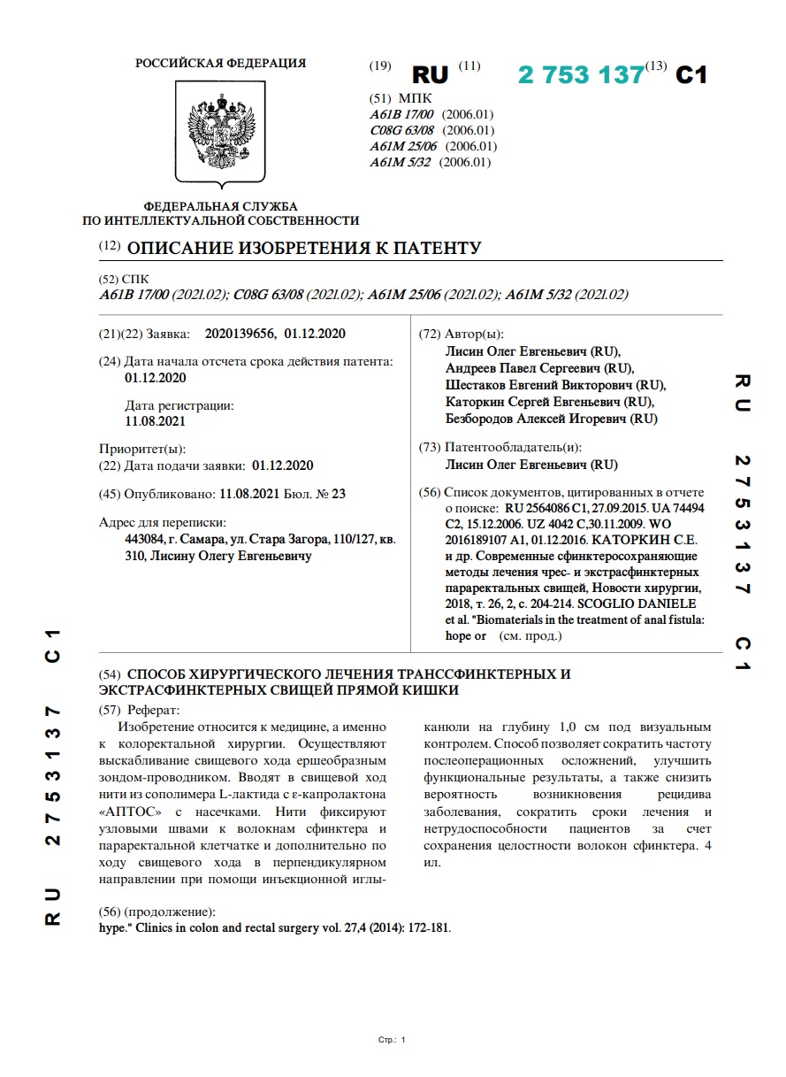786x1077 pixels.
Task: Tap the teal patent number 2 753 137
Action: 581,75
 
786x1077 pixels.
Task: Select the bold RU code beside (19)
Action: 431,75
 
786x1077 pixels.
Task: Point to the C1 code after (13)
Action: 691,75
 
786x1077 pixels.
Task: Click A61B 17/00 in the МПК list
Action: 402,115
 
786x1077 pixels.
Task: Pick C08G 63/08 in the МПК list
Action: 402,131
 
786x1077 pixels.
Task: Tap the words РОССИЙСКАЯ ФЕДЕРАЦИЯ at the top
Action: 221,63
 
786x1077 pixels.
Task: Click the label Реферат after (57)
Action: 152,709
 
